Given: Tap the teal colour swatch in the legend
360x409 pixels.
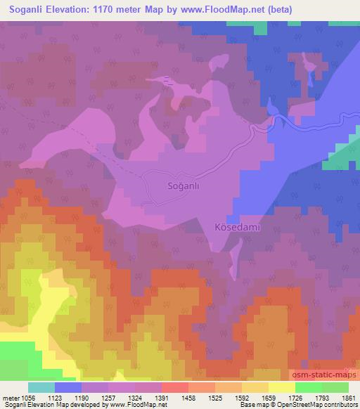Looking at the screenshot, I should [x=41, y=387].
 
